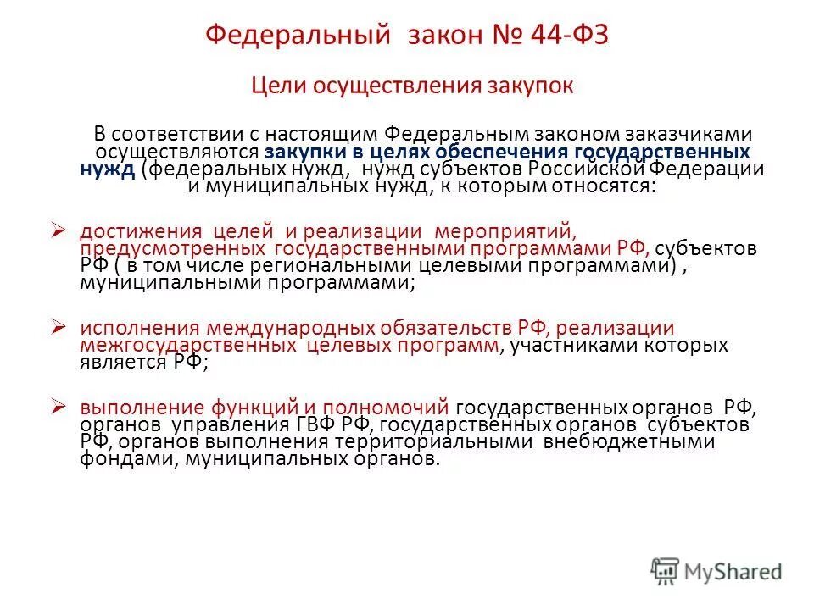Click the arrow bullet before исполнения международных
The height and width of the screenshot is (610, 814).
(x=59, y=325)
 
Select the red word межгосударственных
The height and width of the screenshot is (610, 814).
(x=187, y=346)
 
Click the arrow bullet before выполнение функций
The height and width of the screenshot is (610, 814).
(x=59, y=405)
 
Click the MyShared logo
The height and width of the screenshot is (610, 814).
(x=717, y=571)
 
